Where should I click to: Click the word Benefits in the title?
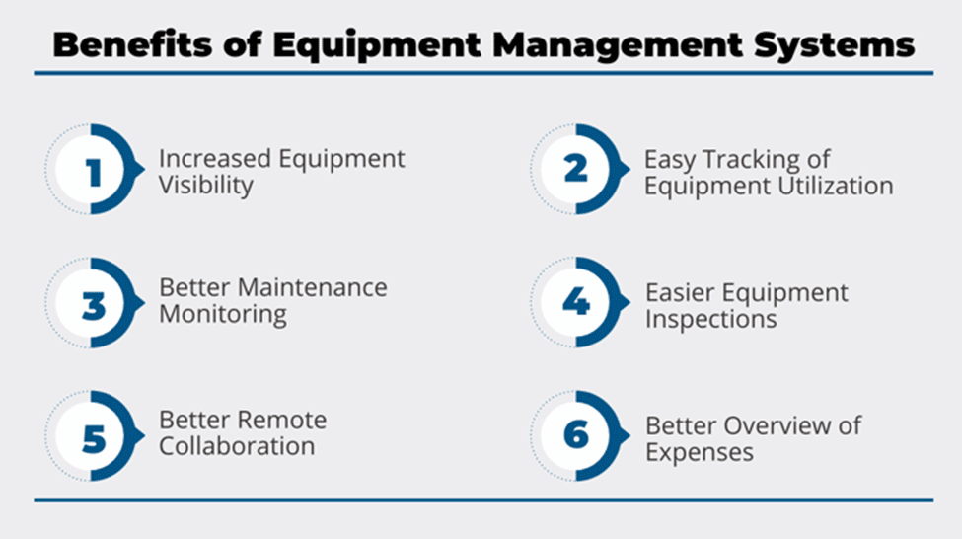tap(132, 44)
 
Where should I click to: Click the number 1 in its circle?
tap(94, 172)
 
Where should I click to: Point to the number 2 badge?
tap(576, 168)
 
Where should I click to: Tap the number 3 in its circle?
tap(94, 305)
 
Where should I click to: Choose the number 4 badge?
tap(576, 301)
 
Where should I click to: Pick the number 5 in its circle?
tap(94, 438)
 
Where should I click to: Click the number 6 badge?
tap(576, 434)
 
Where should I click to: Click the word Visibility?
tap(206, 185)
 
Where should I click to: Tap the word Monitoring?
tap(223, 314)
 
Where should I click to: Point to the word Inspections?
tap(711, 319)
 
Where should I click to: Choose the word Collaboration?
tap(237, 446)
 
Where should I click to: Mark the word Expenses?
tap(700, 452)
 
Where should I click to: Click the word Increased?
tap(215, 158)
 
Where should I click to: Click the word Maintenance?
tap(313, 287)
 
